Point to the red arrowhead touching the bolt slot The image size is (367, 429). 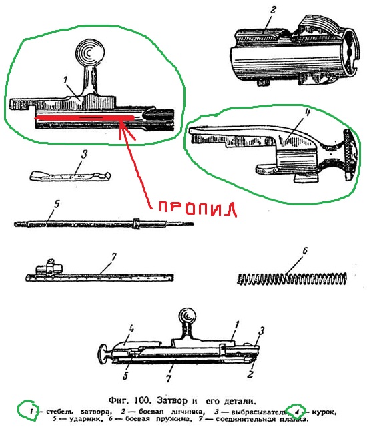click(x=121, y=127)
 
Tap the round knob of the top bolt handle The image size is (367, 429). click(x=88, y=53)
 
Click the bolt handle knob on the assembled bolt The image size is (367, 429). click(x=186, y=315)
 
